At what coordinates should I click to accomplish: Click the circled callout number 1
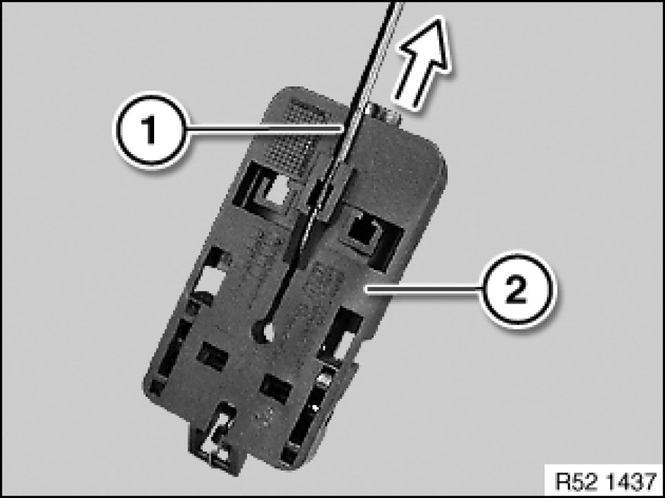[x=149, y=130]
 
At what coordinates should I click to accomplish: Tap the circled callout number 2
[x=516, y=289]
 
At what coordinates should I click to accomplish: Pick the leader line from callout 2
[x=424, y=288]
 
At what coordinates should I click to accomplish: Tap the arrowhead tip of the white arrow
[x=441, y=18]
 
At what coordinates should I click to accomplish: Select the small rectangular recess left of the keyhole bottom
[x=212, y=355]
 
